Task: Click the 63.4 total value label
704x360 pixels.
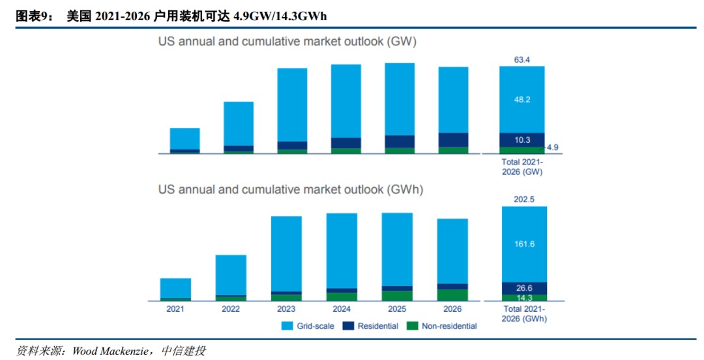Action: point(521,60)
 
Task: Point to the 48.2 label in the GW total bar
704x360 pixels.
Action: point(521,100)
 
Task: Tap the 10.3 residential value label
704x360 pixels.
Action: point(521,140)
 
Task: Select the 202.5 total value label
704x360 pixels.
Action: point(524,200)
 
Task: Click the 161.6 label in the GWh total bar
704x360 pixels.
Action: point(524,244)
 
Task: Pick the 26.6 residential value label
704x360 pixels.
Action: point(524,288)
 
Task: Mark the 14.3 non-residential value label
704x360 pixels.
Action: point(524,297)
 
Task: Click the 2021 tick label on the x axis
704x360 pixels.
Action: point(175,309)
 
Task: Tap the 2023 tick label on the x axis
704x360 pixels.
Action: point(286,309)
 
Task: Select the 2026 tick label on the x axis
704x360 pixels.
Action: point(452,309)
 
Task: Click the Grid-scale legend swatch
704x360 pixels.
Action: point(288,325)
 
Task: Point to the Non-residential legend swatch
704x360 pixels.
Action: point(411,325)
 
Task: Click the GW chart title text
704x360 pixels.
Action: point(287,42)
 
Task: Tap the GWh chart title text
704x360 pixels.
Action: point(291,190)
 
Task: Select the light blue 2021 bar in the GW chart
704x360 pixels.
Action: point(184,138)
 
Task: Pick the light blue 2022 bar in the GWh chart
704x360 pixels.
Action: point(231,275)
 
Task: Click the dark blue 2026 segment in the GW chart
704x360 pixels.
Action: point(453,140)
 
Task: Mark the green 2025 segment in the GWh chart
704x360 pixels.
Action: point(397,295)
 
